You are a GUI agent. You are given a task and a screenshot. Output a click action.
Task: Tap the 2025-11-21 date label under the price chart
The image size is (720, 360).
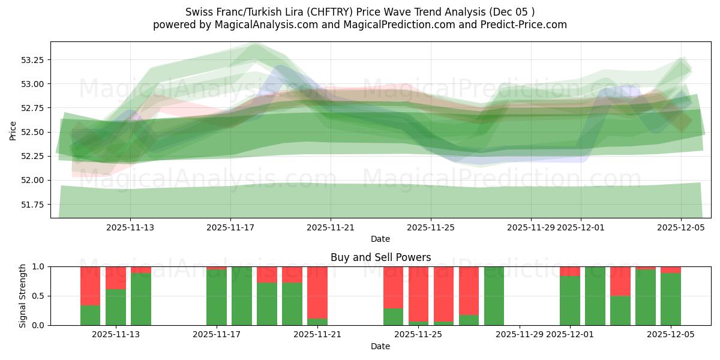pyautogui.click(x=331, y=227)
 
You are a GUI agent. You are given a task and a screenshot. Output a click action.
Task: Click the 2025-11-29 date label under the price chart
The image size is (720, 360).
pyautogui.click(x=531, y=227)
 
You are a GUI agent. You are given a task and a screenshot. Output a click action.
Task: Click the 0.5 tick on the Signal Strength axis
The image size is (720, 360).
pyautogui.click(x=40, y=296)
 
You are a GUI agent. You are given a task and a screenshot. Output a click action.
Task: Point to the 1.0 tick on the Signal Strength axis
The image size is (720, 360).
pyautogui.click(x=40, y=266)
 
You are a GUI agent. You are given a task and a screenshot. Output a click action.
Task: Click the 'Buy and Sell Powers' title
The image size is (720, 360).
pyautogui.click(x=380, y=257)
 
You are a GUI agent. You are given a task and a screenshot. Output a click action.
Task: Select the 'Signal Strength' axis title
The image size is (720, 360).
pyautogui.click(x=23, y=296)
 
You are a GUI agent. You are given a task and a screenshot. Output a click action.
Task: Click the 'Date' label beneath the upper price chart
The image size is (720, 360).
pyautogui.click(x=380, y=239)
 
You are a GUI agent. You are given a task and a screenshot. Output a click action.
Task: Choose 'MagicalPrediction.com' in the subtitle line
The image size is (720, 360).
pyautogui.click(x=395, y=25)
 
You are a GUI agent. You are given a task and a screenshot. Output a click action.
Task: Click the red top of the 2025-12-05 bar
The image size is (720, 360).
pyautogui.click(x=671, y=270)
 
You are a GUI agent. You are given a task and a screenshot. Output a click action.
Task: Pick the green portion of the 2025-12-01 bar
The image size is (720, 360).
pyautogui.click(x=570, y=301)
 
